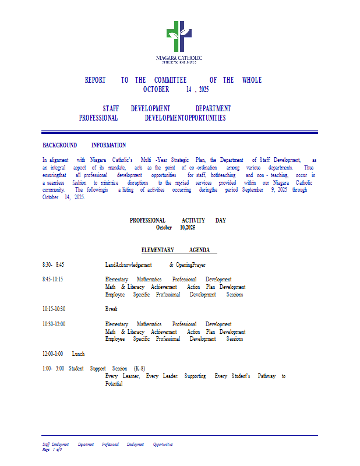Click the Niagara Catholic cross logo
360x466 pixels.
[179, 37]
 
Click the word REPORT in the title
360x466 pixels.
[95, 80]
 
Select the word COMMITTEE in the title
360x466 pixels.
[170, 80]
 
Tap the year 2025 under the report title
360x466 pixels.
[203, 90]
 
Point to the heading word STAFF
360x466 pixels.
[112, 108]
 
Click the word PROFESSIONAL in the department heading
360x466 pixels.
[98, 118]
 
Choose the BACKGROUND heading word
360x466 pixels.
[59, 145]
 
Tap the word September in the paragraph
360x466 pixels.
[253, 190]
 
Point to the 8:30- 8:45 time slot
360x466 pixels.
[53, 264]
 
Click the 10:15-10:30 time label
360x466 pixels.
[54, 309]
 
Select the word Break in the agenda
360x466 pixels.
[111, 309]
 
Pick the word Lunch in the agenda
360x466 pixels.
[79, 354]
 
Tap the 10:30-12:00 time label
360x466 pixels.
[54, 324]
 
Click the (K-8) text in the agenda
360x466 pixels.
[139, 368]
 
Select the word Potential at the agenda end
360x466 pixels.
[114, 384]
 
